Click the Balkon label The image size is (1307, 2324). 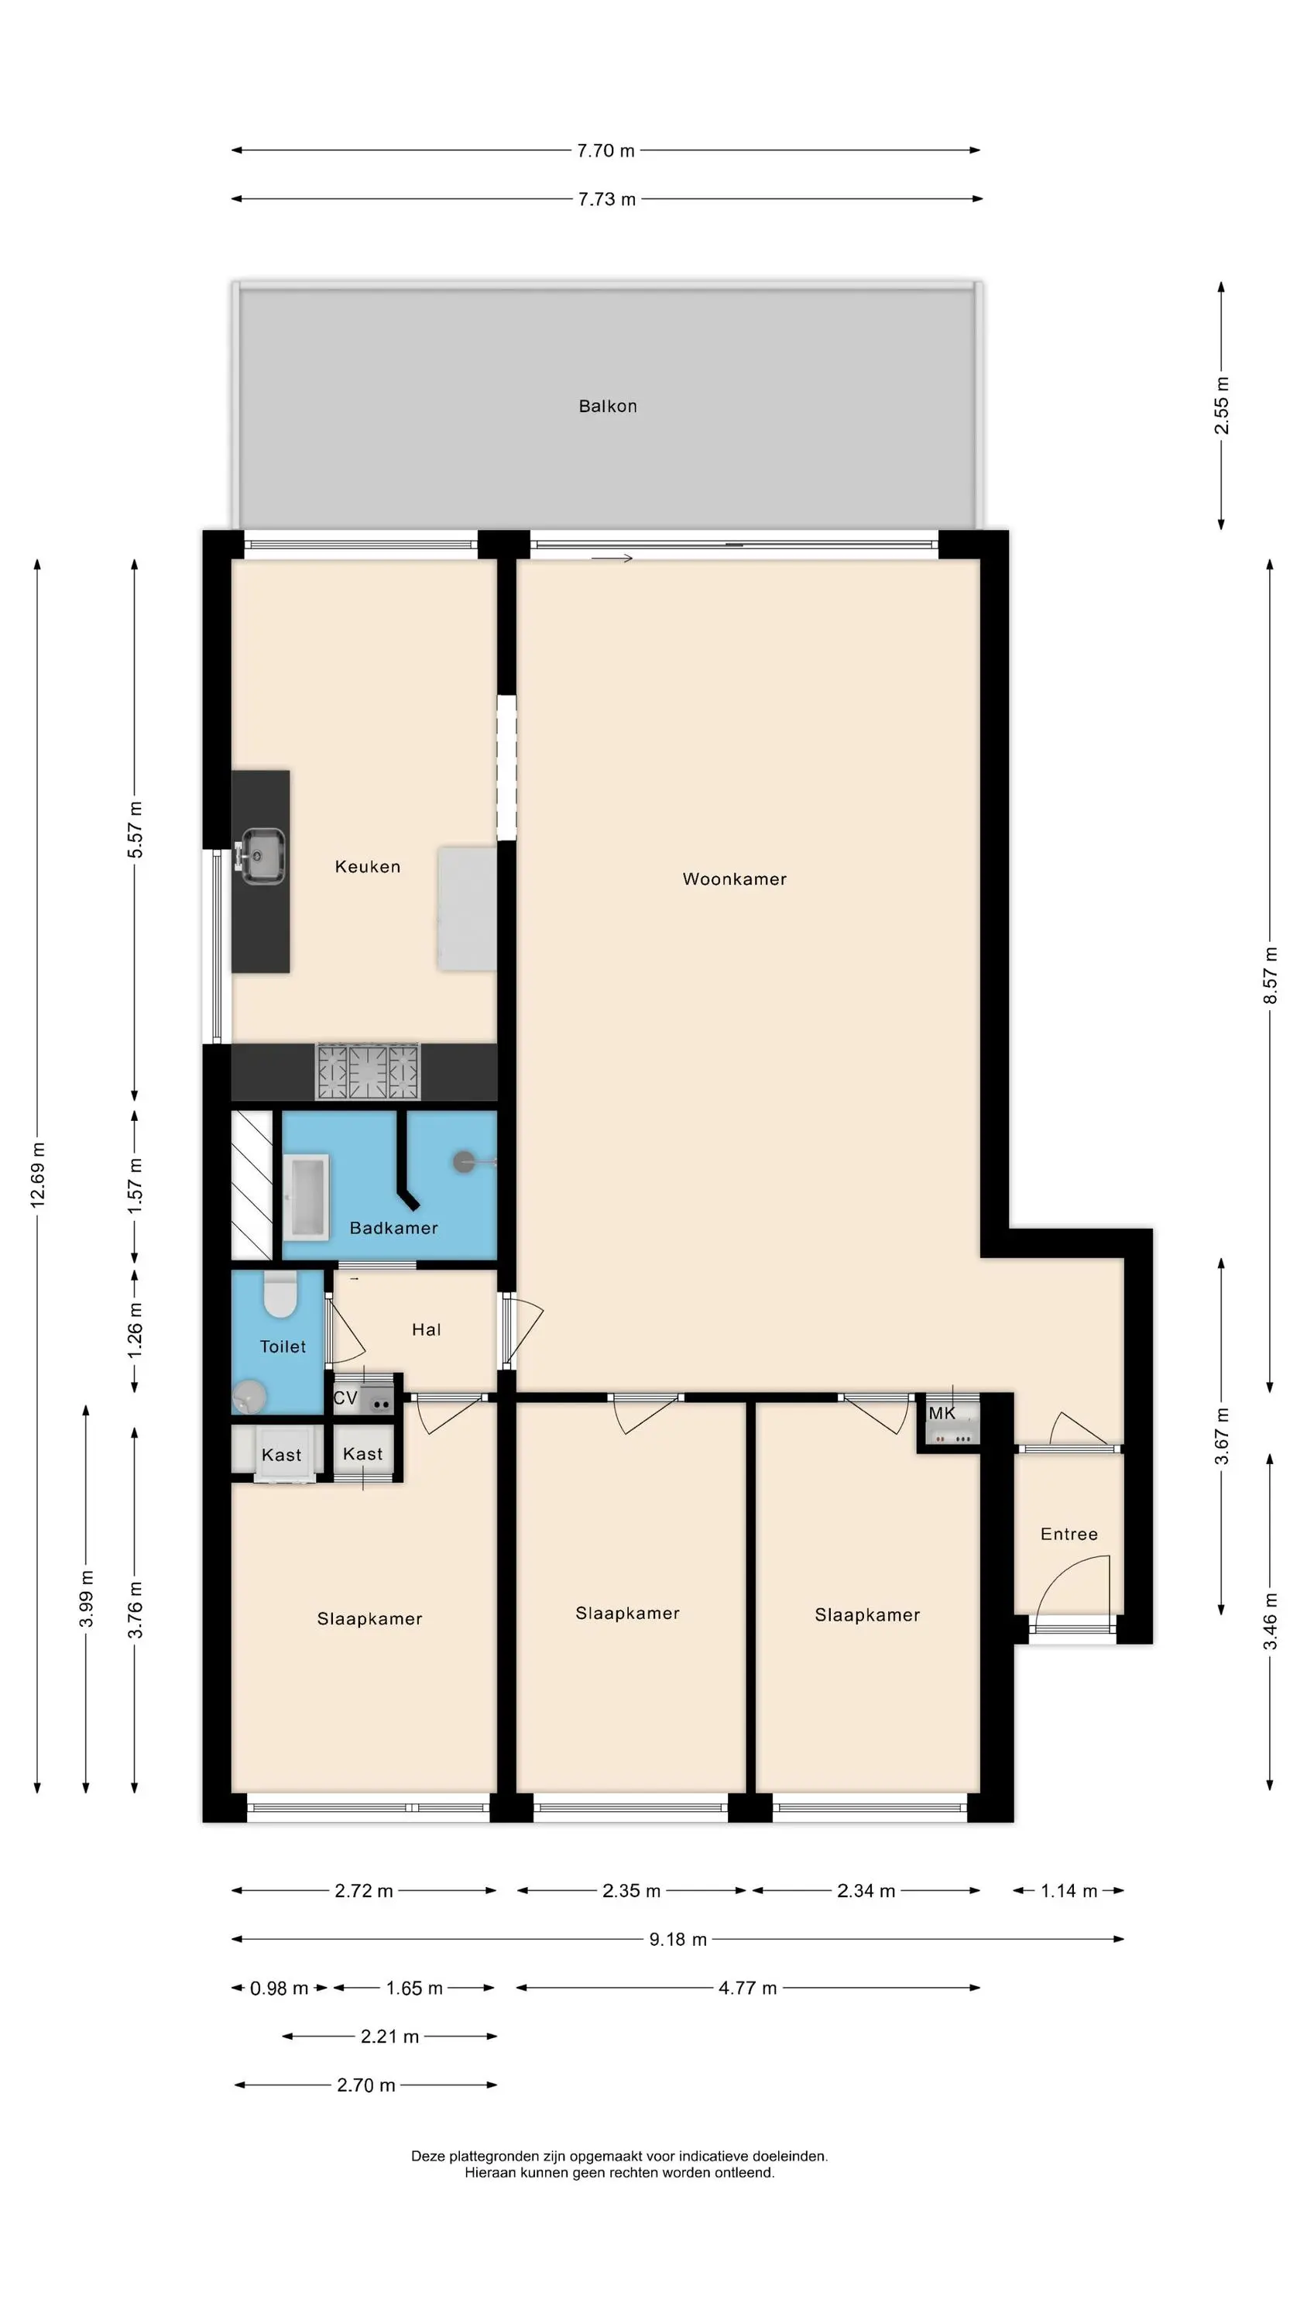click(x=607, y=406)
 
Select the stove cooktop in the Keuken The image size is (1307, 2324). click(x=368, y=1071)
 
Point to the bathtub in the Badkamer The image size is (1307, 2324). click(x=306, y=1196)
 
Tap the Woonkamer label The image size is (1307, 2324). click(x=734, y=878)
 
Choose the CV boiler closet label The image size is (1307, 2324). click(x=345, y=1397)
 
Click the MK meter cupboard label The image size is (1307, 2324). click(x=942, y=1413)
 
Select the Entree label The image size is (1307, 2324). click(x=1069, y=1534)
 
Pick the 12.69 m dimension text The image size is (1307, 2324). click(x=37, y=1174)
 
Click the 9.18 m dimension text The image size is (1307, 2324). click(x=678, y=1939)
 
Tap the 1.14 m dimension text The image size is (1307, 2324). click(x=1069, y=1890)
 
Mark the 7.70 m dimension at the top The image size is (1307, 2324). click(x=605, y=150)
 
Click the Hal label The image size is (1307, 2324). click(x=426, y=1329)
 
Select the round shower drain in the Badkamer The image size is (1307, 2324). click(x=465, y=1162)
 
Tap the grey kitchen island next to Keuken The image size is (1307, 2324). click(x=467, y=909)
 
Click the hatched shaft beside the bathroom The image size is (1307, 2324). click(x=252, y=1184)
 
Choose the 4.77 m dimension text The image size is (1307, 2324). click(x=747, y=1988)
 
